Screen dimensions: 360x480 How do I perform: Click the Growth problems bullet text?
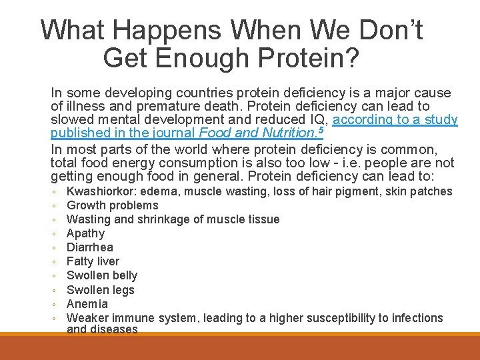(x=113, y=205)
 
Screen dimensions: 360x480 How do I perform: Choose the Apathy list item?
(x=85, y=233)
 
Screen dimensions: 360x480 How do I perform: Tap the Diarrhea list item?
(x=90, y=247)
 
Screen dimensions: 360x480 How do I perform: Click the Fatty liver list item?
(x=93, y=261)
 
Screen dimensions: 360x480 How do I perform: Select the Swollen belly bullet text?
(x=102, y=275)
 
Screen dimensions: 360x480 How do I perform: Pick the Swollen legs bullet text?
(x=101, y=290)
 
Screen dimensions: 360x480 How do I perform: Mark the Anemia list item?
(x=87, y=304)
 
